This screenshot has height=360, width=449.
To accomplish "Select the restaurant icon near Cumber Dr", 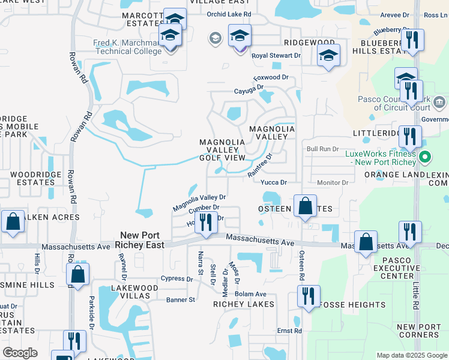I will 206,222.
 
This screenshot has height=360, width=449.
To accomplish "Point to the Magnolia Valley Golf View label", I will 223,150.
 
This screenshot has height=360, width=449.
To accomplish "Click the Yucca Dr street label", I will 274,182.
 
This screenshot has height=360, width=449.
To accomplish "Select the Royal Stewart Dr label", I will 276,56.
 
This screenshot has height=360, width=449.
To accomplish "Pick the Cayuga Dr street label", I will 249,91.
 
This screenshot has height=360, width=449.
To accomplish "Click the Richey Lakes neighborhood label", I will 244,304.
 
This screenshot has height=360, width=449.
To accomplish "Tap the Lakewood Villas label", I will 134,292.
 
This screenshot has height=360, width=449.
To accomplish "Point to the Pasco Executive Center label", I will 393,268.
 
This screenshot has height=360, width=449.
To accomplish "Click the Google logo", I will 20,353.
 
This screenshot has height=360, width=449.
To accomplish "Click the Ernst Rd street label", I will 289,331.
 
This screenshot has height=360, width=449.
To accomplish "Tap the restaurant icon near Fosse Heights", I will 309,296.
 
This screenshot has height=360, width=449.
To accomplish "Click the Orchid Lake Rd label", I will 229,14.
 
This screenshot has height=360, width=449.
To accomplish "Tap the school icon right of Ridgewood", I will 328,55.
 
